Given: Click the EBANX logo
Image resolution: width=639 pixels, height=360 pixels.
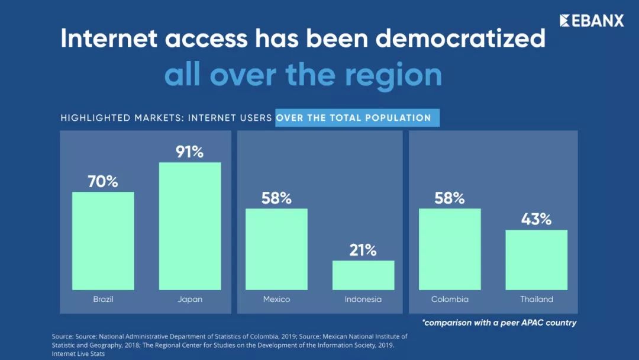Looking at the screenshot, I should (592, 21).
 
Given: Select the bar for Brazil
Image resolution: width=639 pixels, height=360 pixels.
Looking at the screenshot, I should (103, 240).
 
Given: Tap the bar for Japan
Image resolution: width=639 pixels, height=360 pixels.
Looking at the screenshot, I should (190, 226).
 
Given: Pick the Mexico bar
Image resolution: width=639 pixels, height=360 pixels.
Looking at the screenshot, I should (276, 249).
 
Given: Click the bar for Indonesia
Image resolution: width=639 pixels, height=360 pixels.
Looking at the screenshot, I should (363, 275).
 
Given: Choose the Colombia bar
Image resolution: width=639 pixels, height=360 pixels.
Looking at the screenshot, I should (450, 249).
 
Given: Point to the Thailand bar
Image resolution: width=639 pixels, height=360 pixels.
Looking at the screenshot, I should (536, 259).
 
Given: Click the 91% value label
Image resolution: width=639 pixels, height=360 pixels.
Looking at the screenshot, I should (190, 152).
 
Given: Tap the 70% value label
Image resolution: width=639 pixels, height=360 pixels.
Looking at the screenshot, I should (103, 182).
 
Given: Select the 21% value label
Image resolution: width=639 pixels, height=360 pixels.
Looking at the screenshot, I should (363, 250).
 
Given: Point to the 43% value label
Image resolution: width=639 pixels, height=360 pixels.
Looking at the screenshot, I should (536, 220).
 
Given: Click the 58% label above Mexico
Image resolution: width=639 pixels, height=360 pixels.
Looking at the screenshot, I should (276, 198).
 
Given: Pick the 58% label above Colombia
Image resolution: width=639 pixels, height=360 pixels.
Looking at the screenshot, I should (450, 198).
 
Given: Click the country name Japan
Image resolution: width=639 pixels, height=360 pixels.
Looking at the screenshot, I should (190, 300).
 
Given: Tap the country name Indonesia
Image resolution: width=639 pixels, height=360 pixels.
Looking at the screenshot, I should (363, 300).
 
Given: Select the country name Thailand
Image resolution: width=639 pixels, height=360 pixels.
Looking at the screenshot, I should (536, 300).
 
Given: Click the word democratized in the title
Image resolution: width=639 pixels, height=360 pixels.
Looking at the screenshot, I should (460, 39).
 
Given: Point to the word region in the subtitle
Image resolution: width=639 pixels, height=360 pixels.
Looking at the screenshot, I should (393, 75).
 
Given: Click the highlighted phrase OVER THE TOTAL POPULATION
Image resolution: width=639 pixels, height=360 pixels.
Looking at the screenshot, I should (354, 118).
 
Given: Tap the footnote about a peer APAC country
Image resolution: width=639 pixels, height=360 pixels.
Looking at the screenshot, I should (499, 323).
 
